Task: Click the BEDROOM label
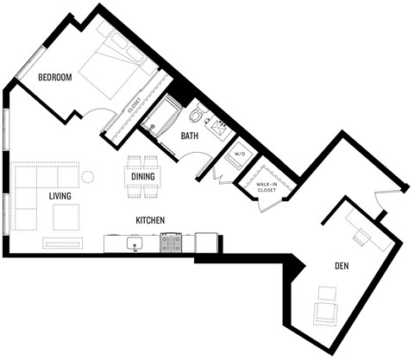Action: point(55,79)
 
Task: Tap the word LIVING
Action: point(60,197)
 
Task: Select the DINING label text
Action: point(143,178)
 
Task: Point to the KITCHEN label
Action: point(150,220)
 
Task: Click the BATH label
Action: point(191,136)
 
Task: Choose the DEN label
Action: point(342,266)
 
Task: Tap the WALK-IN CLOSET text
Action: point(267,186)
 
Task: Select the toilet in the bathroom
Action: point(196,113)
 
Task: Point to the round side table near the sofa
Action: point(87,178)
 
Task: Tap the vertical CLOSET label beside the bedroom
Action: point(135,107)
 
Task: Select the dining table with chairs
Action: point(143,177)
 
